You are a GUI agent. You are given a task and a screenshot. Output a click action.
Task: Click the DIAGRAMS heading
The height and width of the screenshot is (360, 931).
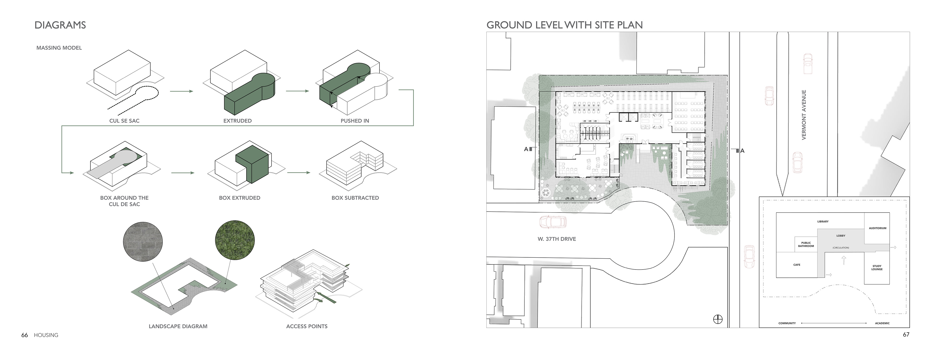coord(60,25)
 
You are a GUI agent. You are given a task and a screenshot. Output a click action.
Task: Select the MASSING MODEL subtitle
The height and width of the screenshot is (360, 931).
coord(59,48)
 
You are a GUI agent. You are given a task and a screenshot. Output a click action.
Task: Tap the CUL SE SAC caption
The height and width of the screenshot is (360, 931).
coord(124,121)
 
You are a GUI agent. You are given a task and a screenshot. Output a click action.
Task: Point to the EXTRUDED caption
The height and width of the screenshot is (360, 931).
coord(237,121)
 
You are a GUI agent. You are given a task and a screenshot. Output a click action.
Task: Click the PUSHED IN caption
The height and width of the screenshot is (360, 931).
coord(354,121)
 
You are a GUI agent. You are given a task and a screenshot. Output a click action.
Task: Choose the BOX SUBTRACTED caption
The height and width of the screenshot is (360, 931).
coord(355,198)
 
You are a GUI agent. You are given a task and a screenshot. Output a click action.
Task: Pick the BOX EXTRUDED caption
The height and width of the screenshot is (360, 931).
coord(240,198)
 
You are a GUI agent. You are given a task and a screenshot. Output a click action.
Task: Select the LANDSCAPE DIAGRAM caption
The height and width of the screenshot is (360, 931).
coord(178,326)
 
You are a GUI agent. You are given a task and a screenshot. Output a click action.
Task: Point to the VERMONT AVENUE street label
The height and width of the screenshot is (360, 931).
coord(804,115)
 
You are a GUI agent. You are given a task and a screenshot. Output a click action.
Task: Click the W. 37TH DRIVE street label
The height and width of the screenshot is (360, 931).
coord(557,239)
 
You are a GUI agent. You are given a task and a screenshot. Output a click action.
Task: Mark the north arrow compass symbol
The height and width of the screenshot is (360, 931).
coord(718,319)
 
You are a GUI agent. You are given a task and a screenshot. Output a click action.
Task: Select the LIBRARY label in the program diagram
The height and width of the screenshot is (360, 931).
coord(823,221)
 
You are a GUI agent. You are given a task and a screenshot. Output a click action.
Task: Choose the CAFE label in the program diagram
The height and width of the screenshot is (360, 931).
coord(796,265)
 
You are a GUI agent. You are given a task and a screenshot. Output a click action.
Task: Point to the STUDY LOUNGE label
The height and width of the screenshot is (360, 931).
coord(877,268)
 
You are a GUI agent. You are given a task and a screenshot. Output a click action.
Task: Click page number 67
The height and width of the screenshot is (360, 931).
coord(906,334)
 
